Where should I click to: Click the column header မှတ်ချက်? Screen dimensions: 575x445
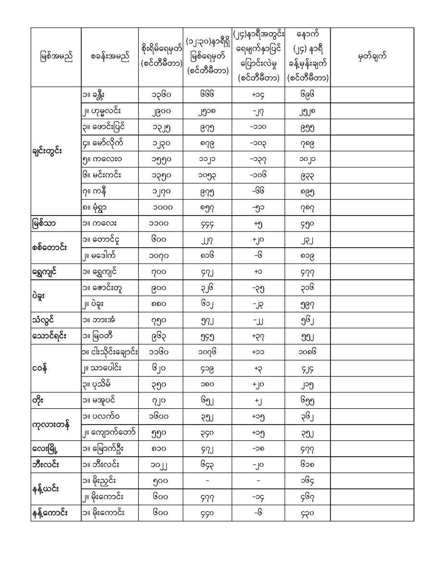[372, 57]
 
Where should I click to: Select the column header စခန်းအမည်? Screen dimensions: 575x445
[109, 57]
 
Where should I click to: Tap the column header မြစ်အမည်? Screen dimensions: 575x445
[56, 57]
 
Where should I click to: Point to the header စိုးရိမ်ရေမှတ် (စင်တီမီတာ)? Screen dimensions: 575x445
[160, 57]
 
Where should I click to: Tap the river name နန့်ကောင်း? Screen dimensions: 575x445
[49, 513]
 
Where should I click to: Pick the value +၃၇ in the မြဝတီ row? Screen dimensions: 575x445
[258, 336]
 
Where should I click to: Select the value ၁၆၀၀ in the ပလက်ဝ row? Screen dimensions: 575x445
[160, 416]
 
